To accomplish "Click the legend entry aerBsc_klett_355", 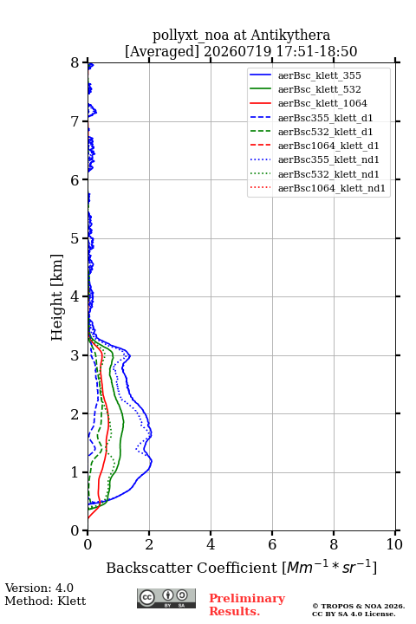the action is coord(319,75).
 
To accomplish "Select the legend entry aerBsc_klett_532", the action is coord(319,89).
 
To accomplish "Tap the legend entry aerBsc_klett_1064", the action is coord(322,103).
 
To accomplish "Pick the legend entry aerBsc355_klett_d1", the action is coord(325,118).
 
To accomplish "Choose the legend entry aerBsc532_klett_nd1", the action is coord(328,174).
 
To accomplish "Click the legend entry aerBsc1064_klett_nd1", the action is coord(332,188).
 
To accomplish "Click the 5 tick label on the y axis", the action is coord(75,238).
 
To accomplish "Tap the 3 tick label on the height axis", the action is coord(75,355).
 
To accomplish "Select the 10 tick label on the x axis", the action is coord(394,544).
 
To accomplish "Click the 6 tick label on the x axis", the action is coord(272,544).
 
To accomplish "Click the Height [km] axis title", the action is coord(57,297).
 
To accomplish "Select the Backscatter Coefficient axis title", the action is coord(241,568).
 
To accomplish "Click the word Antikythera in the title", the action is coord(290,35).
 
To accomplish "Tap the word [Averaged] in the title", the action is coord(162,51).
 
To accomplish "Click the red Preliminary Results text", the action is coord(247,605).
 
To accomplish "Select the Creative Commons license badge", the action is coord(166,598).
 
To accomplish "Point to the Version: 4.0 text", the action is coord(39,588).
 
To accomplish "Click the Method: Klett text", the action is coord(45,601).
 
